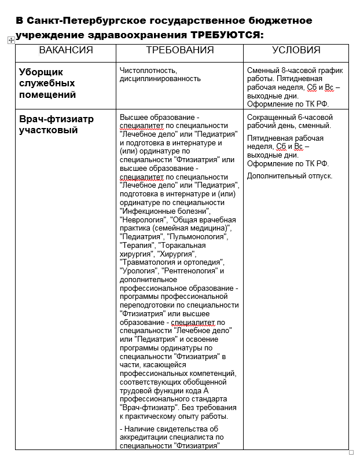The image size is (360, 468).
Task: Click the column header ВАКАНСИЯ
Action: pyautogui.click(x=65, y=50)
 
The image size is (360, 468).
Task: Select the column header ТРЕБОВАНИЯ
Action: pyautogui.click(x=179, y=50)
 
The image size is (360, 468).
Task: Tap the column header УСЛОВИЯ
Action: pyautogui.click(x=296, y=50)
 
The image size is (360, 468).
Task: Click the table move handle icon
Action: pyautogui.click(x=11, y=40)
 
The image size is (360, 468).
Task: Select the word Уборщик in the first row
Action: pyautogui.click(x=41, y=72)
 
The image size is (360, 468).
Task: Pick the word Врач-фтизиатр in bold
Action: pyautogui.click(x=57, y=119)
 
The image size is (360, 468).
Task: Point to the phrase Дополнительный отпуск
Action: pyautogui.click(x=289, y=175)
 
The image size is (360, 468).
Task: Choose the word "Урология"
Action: pyautogui.click(x=138, y=270)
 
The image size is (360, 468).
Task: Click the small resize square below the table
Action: pyautogui.click(x=351, y=452)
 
